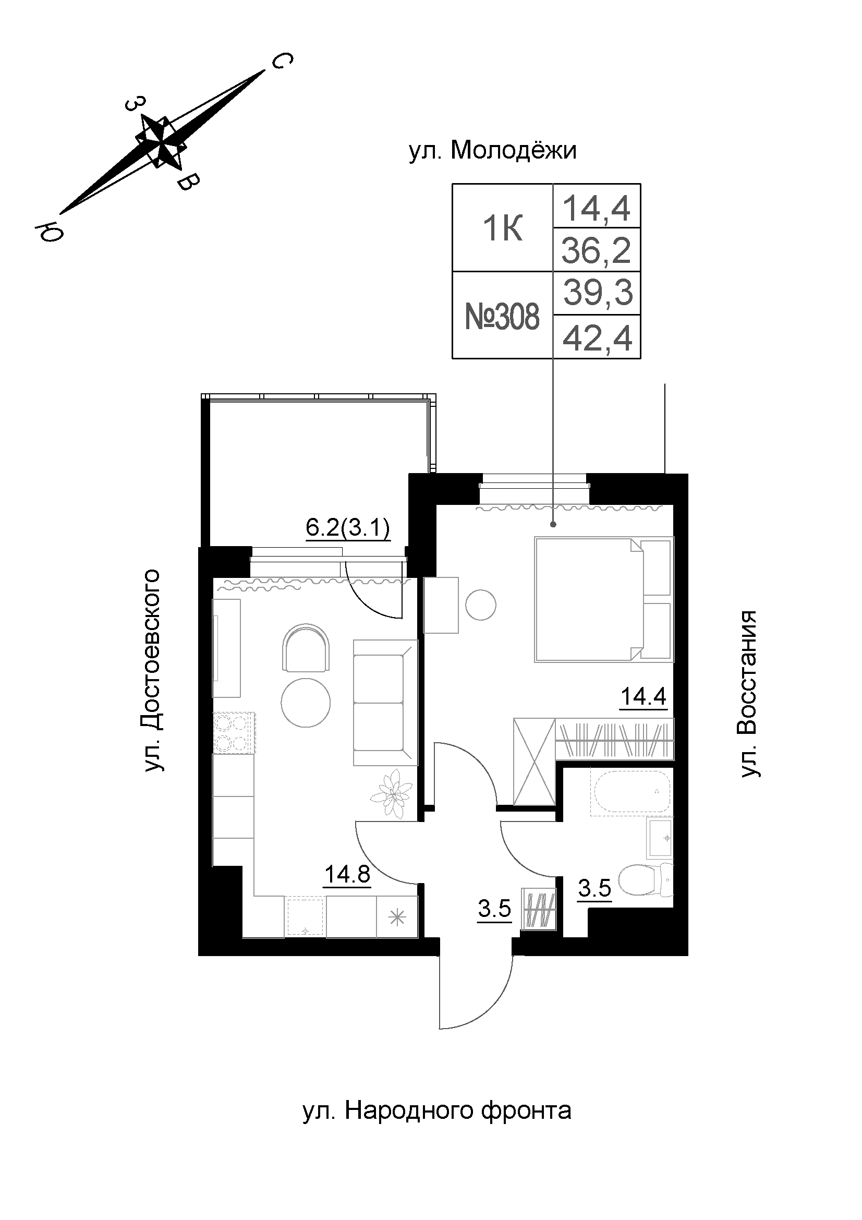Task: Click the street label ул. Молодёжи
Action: click(492, 151)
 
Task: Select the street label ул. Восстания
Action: click(748, 694)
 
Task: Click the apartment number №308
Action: click(502, 317)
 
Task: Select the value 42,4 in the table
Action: click(598, 339)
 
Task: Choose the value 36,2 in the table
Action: click(597, 250)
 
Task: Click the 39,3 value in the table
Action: click(598, 293)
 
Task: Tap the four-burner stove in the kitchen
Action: click(234, 733)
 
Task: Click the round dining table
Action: click(306, 704)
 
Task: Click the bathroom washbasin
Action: click(660, 838)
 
